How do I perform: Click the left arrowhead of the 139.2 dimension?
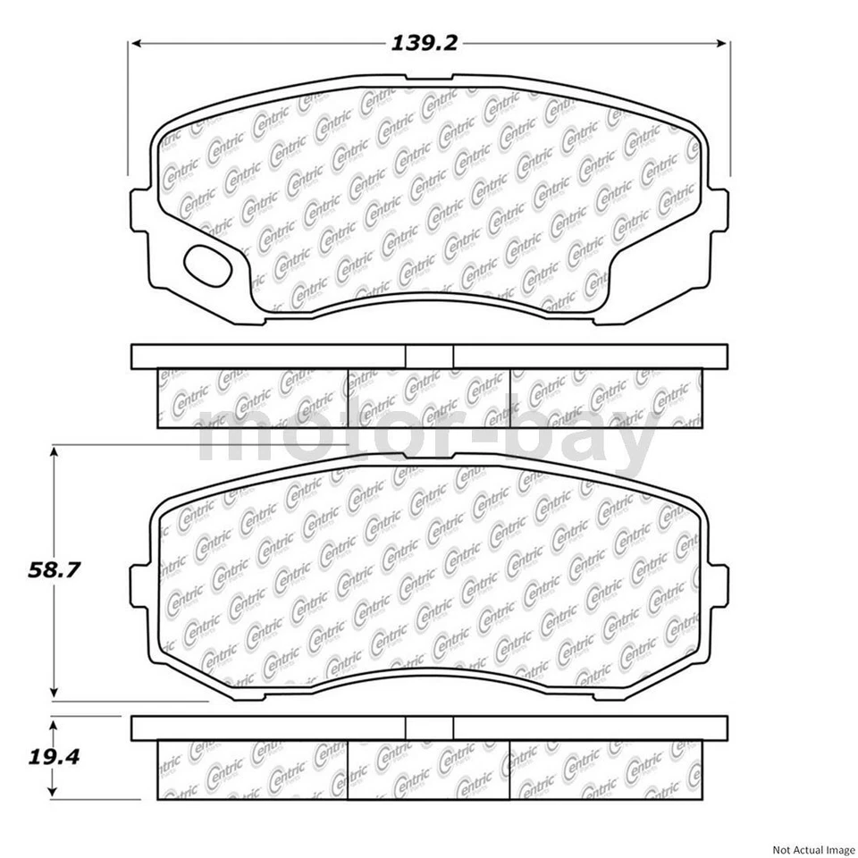(x=137, y=43)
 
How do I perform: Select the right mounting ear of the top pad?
(x=718, y=213)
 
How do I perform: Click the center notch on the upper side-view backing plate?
(x=429, y=356)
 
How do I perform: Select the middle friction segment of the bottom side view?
(x=428, y=770)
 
